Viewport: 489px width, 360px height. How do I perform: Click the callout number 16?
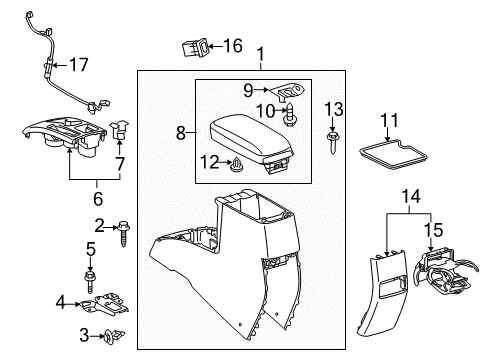tap(232, 45)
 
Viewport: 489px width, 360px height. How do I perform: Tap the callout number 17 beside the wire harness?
tap(77, 67)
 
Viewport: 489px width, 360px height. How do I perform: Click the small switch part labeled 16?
tap(195, 46)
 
